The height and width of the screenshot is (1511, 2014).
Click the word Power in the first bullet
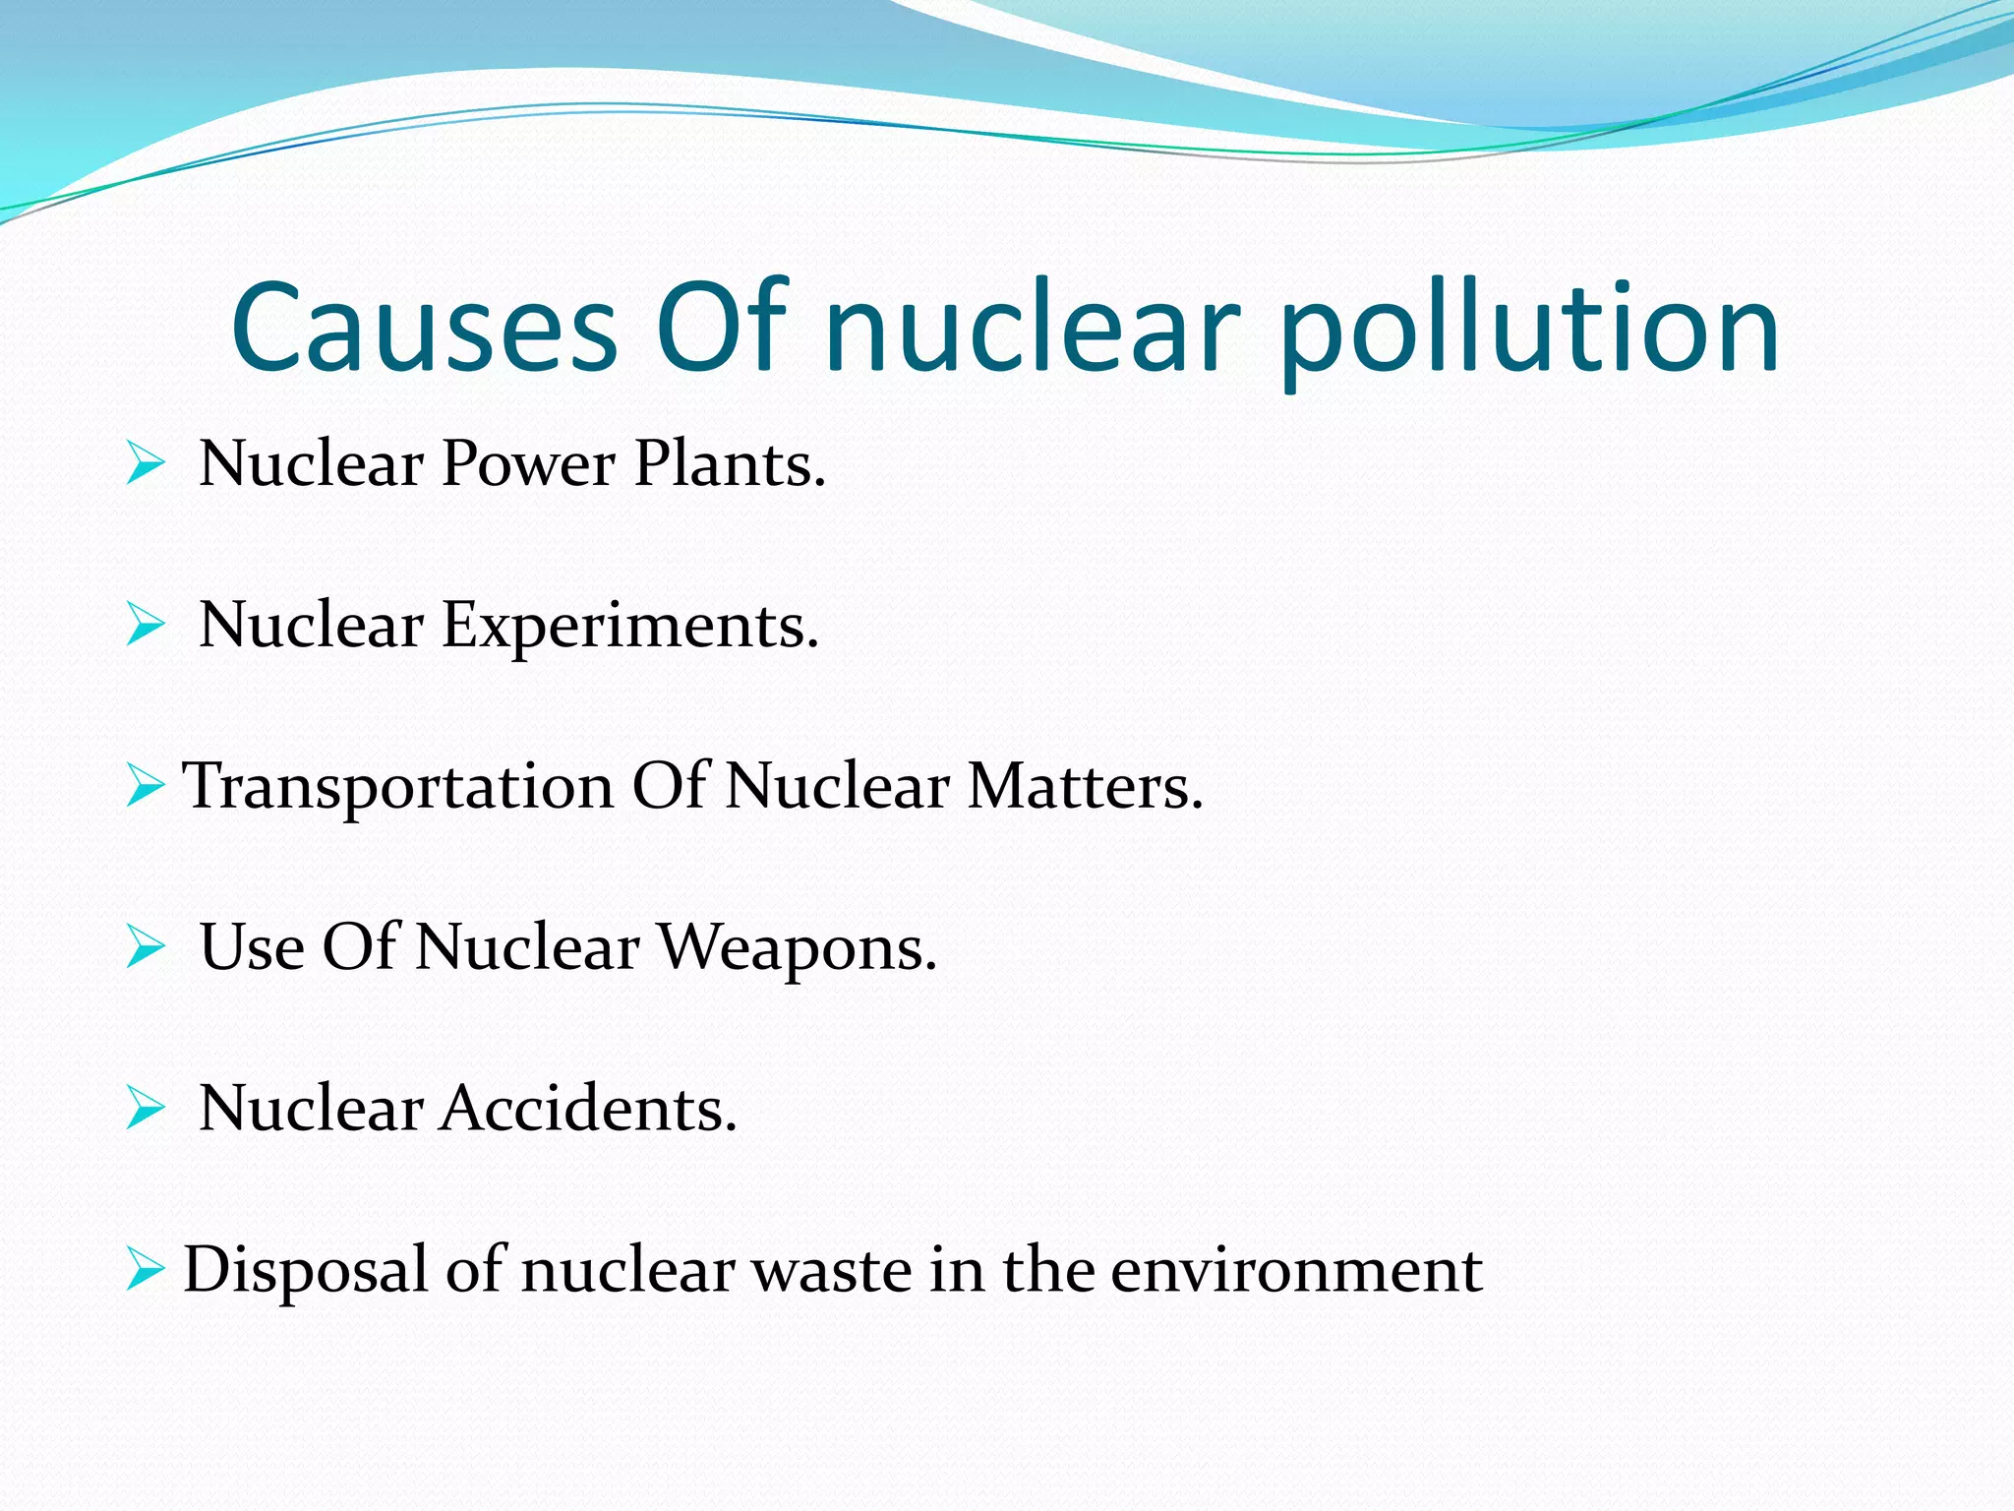coord(528,464)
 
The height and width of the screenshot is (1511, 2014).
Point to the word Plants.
coord(729,464)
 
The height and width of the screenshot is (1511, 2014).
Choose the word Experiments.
coord(629,627)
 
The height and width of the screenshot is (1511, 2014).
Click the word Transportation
coord(398,787)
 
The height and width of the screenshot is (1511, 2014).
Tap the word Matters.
coord(1085,787)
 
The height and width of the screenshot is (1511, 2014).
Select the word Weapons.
coord(797,948)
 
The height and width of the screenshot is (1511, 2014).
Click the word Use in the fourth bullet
coord(252,948)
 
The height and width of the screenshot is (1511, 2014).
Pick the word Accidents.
coord(587,1110)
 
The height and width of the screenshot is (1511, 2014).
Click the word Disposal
coord(306,1270)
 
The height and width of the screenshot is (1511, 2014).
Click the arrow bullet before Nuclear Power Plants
coord(145,464)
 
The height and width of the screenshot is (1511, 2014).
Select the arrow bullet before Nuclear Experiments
coord(145,626)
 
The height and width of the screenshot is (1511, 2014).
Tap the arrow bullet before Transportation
coord(145,787)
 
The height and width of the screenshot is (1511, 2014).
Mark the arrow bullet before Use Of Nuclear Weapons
coord(145,948)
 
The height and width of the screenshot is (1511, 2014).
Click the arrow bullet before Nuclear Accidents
coord(145,1110)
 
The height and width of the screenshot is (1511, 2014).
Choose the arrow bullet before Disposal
coord(145,1270)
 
